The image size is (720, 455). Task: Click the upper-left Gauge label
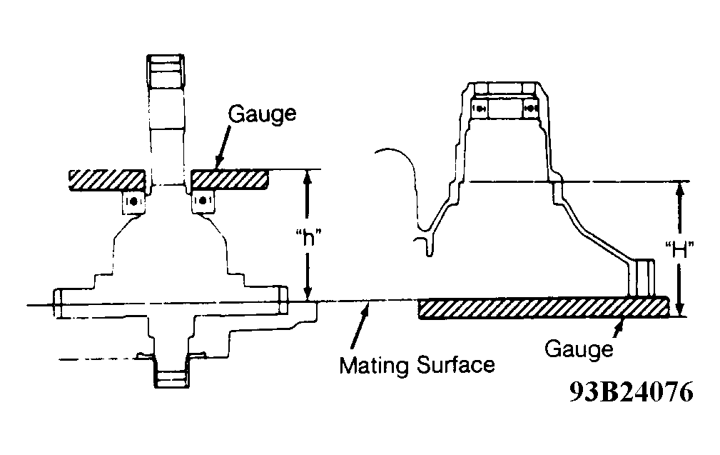click(x=262, y=115)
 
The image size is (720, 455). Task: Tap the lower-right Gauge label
click(x=579, y=349)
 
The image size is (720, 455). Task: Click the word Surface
click(x=456, y=365)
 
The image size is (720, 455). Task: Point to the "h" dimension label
click(x=308, y=238)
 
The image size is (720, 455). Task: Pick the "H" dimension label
click(x=679, y=251)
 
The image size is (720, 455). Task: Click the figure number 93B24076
click(x=632, y=392)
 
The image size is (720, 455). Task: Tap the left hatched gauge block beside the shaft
click(x=108, y=179)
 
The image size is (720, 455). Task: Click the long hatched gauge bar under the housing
click(x=543, y=307)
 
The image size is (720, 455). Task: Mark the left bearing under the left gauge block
click(x=133, y=202)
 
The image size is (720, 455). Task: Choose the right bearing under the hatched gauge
click(x=203, y=201)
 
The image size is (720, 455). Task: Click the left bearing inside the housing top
click(x=479, y=109)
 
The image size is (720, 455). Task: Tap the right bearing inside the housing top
click(x=530, y=109)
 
